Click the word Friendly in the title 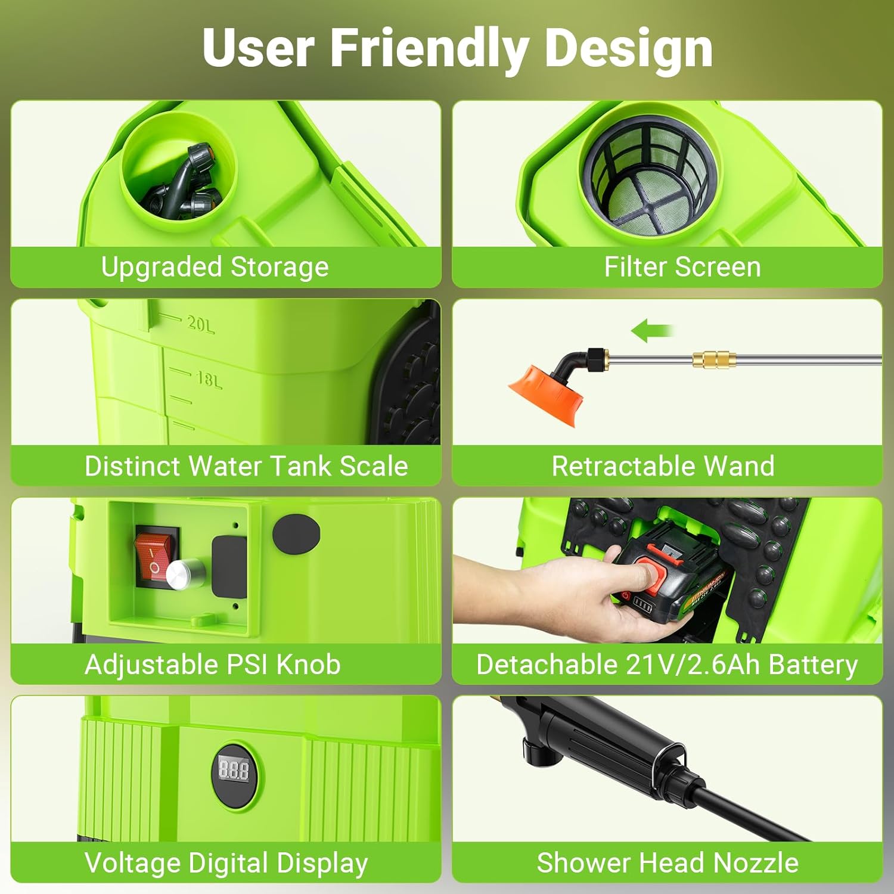(429, 48)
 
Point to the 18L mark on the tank (209, 379)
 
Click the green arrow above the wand (651, 330)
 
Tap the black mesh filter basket (649, 179)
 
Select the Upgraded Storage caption (215, 266)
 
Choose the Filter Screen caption (682, 266)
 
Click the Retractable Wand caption (663, 465)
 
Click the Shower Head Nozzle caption (668, 862)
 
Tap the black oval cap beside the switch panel (296, 533)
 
